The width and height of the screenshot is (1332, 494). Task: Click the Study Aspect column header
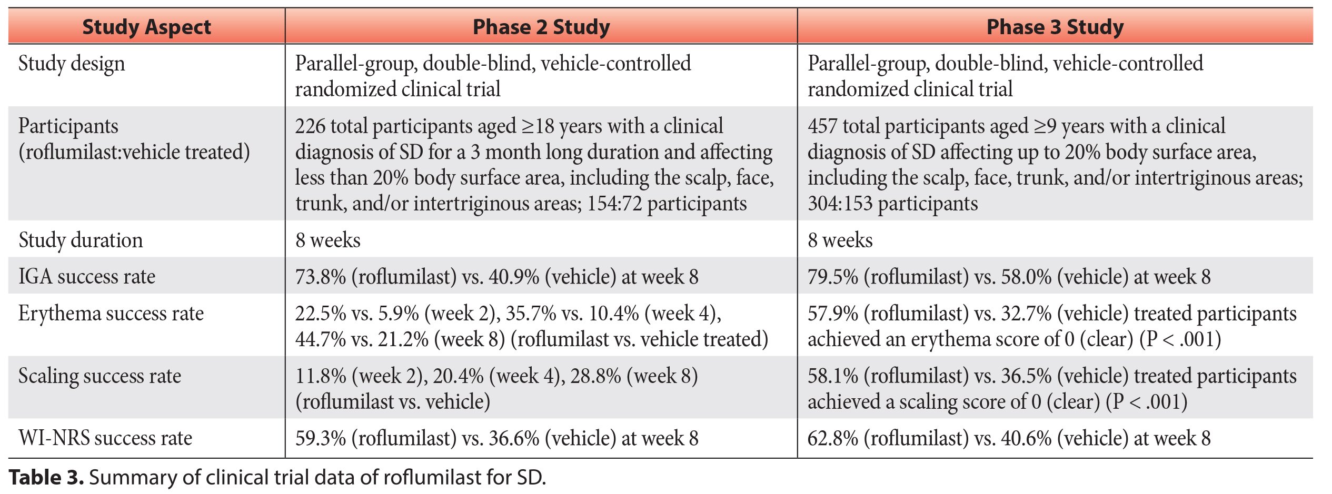146,27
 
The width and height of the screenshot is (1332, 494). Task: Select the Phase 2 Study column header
541,27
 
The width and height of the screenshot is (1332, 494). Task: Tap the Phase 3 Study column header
1055,27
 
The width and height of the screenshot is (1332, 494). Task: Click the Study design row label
72,64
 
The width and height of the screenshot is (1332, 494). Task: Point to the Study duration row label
81,240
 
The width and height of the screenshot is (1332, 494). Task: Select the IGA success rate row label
87,277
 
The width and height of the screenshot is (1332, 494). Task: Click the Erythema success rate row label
111,314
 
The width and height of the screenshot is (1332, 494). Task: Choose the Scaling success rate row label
100,376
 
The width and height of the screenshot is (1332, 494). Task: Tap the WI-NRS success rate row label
105,438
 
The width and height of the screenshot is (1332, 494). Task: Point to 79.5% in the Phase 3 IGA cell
833,277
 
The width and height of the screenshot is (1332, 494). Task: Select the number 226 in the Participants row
310,126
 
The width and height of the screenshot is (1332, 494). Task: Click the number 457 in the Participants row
822,126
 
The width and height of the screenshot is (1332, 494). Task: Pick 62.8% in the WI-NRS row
833,438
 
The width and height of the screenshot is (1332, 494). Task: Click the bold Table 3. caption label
46,478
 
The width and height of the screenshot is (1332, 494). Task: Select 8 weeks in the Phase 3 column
840,240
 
